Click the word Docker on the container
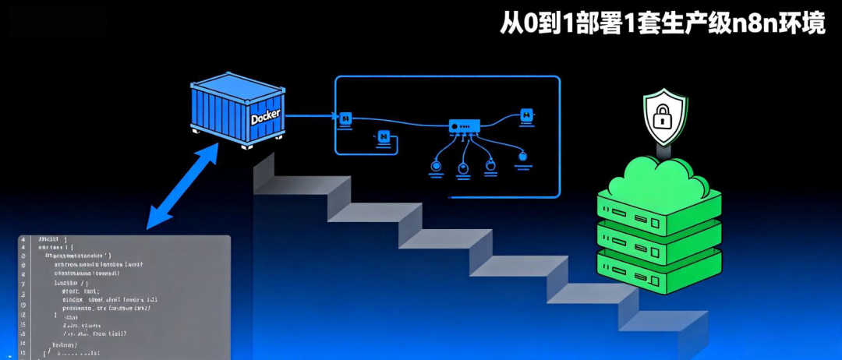pyautogui.click(x=265, y=118)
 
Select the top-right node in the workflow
pyautogui.click(x=526, y=115)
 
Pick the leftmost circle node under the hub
pyautogui.click(x=437, y=166)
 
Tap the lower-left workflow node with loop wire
pyautogui.click(x=384, y=136)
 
